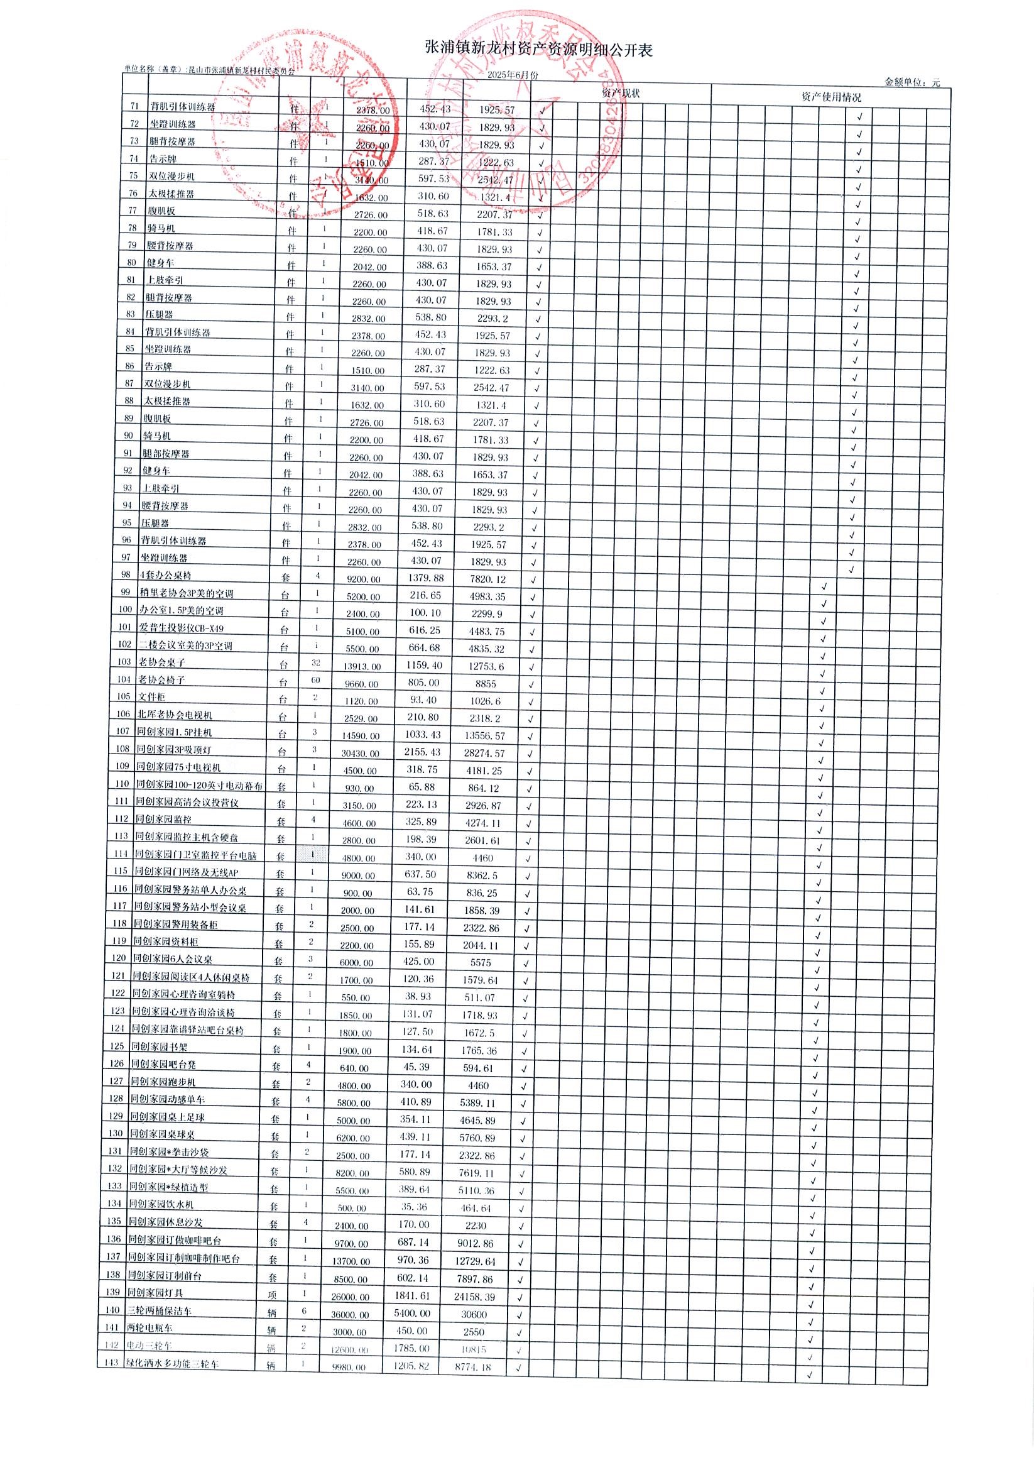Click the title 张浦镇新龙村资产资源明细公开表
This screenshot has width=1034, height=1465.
pos(538,50)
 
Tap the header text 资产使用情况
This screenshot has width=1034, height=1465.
pos(830,97)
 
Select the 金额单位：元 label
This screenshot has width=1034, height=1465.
pos(912,82)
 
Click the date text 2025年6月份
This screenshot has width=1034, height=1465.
pos(512,75)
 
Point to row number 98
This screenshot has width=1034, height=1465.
pos(125,574)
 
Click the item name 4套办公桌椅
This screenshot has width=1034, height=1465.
pos(165,576)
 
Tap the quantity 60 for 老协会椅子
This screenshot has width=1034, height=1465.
pos(316,680)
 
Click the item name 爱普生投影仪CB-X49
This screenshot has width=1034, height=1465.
pos(181,628)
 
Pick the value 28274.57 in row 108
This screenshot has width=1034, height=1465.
pos(482,753)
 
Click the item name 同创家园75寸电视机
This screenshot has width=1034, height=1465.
pos(178,767)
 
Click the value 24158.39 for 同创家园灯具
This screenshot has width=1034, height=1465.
pos(473,1297)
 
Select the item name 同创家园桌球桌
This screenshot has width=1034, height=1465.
pos(162,1134)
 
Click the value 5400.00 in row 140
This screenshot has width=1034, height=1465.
pos(412,1313)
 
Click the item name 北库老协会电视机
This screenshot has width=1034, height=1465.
pos(175,715)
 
